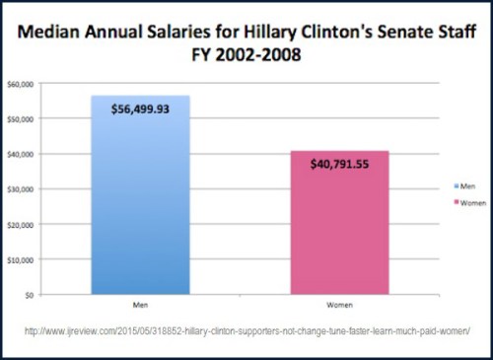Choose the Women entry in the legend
(x=464, y=201)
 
